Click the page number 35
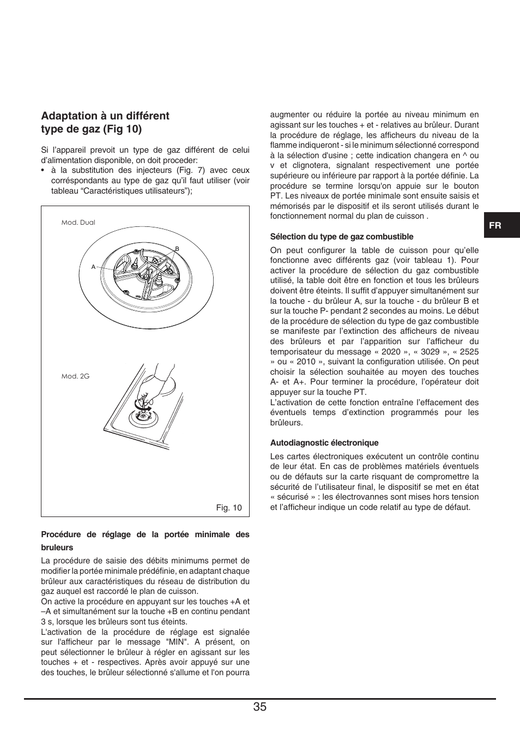(x=259, y=707)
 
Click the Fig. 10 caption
(x=228, y=508)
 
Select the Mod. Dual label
(x=78, y=223)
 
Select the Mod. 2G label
(x=75, y=376)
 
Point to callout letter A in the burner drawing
(x=93, y=267)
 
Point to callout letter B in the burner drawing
(x=177, y=249)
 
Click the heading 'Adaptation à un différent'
(x=105, y=116)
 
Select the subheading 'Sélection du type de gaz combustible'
(x=341, y=237)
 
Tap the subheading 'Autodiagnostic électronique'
(x=324, y=443)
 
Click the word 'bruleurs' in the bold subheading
(x=57, y=548)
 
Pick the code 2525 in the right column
(x=469, y=352)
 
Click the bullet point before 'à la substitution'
(x=43, y=171)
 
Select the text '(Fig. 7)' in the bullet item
(x=187, y=170)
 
